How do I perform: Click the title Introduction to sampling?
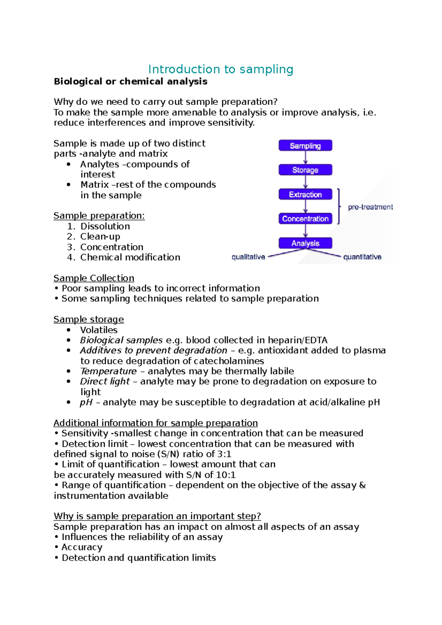point(221,69)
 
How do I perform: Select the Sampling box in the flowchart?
point(305,145)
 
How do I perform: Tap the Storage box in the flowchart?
point(305,170)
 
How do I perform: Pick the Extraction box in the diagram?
point(305,194)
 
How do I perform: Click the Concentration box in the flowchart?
point(305,219)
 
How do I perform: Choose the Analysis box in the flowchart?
point(305,243)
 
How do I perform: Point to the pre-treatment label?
point(370,207)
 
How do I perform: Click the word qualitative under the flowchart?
point(248,257)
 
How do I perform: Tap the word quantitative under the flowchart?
point(362,257)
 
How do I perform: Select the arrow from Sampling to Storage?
point(305,158)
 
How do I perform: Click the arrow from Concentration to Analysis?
point(305,231)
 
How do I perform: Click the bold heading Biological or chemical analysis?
point(130,81)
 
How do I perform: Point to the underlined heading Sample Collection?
point(94,278)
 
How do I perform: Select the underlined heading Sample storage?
point(88,319)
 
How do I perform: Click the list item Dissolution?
point(105,226)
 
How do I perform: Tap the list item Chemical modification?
point(130,257)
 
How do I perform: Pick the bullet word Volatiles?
point(99,330)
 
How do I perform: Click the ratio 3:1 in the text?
point(224,454)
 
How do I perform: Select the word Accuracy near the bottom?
point(82,547)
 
